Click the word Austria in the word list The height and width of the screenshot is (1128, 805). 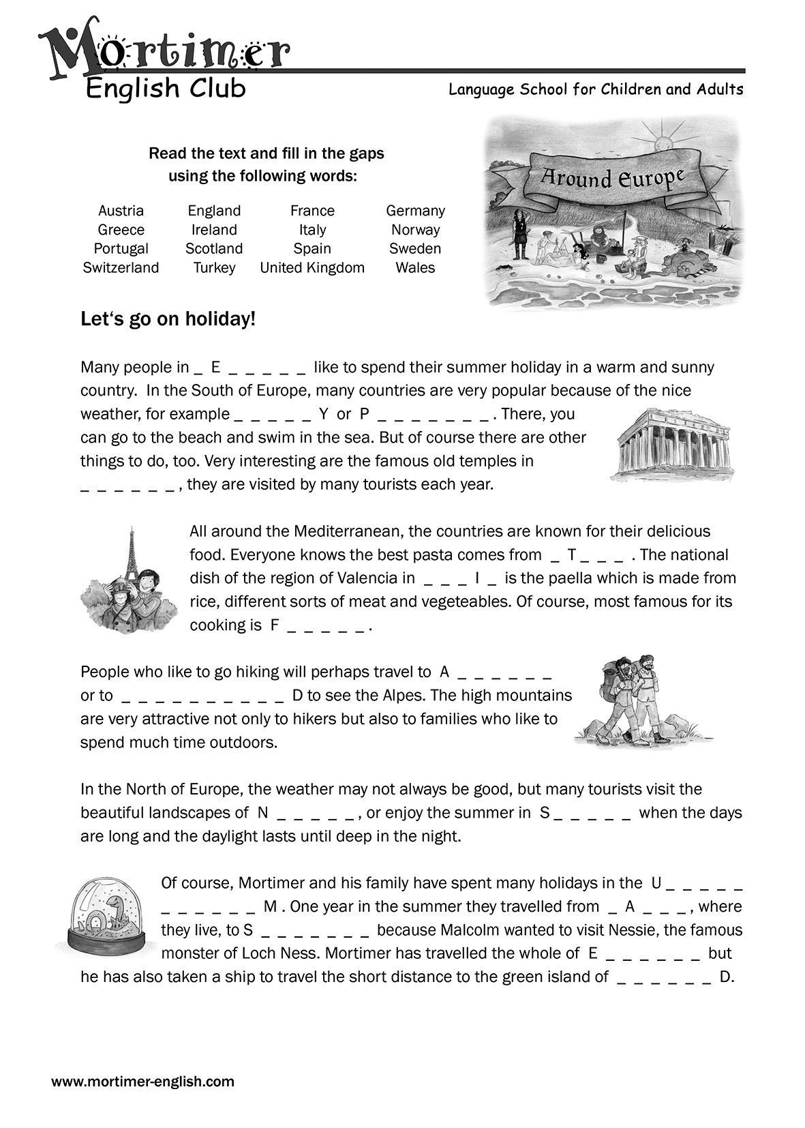coord(121,211)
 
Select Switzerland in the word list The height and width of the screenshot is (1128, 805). coord(121,268)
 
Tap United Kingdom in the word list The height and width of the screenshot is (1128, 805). coord(312,268)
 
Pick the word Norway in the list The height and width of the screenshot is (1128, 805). coord(415,230)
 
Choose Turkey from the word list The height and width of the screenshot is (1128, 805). coord(214,268)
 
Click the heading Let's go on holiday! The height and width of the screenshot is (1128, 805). coord(168,319)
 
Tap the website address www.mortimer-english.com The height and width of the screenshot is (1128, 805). coord(143,1082)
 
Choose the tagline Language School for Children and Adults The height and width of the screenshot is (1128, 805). coord(596,89)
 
